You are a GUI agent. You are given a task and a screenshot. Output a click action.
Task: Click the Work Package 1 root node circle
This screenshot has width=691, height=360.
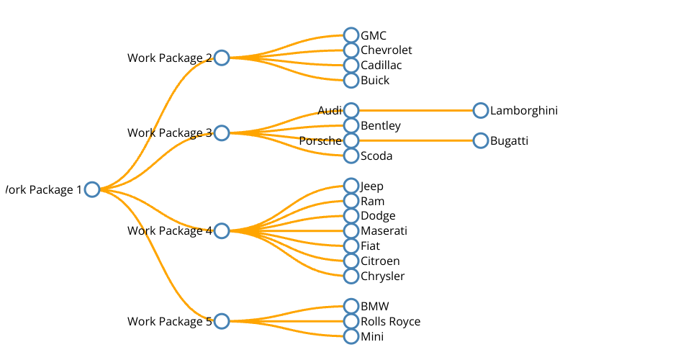click(x=91, y=189)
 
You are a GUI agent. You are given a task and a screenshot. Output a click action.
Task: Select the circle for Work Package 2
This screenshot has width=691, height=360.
click(x=222, y=58)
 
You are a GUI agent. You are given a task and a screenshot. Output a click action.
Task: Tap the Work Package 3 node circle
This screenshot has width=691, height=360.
click(x=222, y=133)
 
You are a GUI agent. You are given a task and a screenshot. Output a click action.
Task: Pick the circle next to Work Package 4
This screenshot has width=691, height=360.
click(x=222, y=231)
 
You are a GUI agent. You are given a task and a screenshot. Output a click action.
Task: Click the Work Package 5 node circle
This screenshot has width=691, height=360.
click(x=222, y=321)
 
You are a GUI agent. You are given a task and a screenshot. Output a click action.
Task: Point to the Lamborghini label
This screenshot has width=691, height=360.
click(x=524, y=111)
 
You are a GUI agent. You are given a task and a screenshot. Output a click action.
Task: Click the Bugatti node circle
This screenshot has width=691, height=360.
click(x=481, y=140)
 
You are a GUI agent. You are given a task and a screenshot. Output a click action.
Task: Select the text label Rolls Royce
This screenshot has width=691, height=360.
click(x=390, y=322)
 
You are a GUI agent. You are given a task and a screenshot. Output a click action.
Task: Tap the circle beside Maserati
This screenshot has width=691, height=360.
click(x=351, y=231)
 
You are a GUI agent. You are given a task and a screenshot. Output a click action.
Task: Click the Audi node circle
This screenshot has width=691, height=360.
click(x=351, y=110)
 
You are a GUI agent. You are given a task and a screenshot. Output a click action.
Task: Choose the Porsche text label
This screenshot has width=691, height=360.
click(x=320, y=141)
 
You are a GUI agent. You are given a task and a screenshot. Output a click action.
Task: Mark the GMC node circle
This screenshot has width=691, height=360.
click(x=351, y=35)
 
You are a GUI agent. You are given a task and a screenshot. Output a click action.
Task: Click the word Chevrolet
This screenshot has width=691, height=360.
click(x=387, y=50)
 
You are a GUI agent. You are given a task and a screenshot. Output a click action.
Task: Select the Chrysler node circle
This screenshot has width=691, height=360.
click(x=351, y=276)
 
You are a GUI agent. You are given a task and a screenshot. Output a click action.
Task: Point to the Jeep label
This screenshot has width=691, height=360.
click(x=372, y=186)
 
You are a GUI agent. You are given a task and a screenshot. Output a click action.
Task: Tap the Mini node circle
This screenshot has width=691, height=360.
click(x=351, y=336)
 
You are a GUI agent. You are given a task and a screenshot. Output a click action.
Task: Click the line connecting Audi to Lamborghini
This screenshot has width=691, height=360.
click(x=416, y=110)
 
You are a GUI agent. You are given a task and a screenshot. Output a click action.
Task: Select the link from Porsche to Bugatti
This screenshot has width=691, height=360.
click(x=416, y=140)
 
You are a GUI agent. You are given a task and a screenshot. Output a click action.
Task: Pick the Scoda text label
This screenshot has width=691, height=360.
click(x=376, y=156)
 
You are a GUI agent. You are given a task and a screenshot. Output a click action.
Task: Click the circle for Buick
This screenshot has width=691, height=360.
click(x=351, y=81)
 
